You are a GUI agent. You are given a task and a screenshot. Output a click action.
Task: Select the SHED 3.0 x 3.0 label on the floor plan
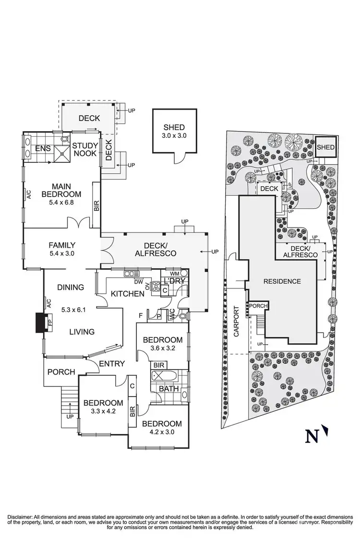pyautogui.click(x=174, y=131)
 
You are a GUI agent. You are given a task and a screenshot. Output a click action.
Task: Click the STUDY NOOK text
pyautogui.click(x=85, y=149)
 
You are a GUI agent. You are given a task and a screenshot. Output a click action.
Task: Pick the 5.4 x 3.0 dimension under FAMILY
pyautogui.click(x=62, y=253)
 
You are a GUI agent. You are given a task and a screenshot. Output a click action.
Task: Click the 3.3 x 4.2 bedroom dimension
pyautogui.click(x=103, y=411)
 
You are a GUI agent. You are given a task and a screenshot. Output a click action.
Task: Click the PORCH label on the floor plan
pyautogui.click(x=61, y=372)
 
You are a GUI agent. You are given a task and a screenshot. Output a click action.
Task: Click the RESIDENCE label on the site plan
pyautogui.click(x=282, y=281)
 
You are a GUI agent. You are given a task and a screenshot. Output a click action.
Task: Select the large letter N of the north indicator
pyautogui.click(x=312, y=436)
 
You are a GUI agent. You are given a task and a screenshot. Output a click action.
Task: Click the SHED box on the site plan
pyautogui.click(x=325, y=147)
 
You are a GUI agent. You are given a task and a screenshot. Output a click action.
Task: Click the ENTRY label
pyautogui.click(x=112, y=364)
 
